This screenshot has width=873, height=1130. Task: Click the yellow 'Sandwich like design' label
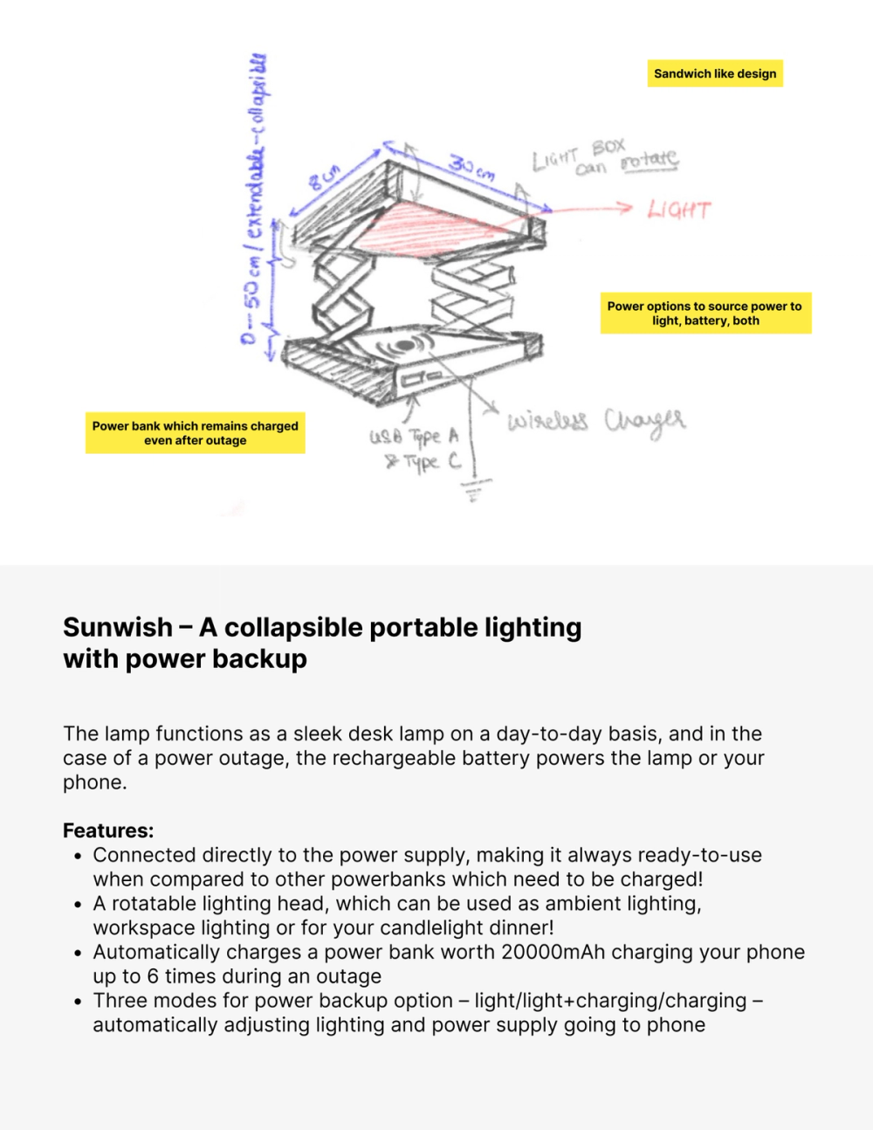click(715, 73)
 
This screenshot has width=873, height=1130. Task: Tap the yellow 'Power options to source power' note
click(705, 314)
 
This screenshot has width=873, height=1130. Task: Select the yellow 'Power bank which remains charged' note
click(195, 433)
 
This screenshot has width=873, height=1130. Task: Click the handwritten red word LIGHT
click(678, 210)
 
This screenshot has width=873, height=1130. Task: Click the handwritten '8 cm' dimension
click(323, 179)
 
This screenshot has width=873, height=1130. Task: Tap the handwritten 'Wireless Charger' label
click(596, 421)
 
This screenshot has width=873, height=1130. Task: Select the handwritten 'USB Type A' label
click(414, 436)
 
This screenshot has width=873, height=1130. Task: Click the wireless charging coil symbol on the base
click(403, 346)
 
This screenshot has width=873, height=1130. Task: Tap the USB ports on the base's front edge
click(417, 380)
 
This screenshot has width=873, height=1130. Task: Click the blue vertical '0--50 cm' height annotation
click(253, 201)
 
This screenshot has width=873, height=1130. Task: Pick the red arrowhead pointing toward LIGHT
click(623, 207)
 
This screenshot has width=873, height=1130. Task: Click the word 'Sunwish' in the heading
click(118, 627)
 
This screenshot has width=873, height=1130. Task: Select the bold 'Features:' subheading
click(108, 830)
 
